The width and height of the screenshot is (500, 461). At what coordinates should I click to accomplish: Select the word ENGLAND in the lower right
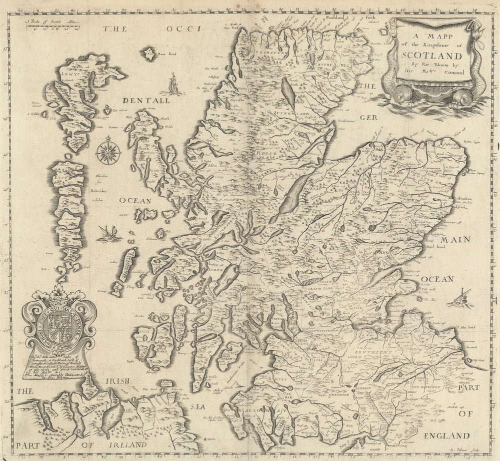tap(446, 436)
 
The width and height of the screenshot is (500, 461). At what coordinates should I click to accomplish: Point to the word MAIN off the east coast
tap(455, 240)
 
